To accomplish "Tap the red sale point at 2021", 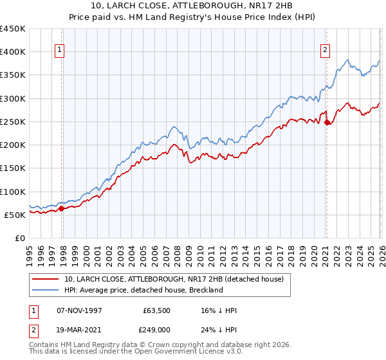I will coord(327,122).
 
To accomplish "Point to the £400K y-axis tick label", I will coord(13,52).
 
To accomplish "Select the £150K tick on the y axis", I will coord(13,168).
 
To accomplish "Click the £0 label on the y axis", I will coord(20,239).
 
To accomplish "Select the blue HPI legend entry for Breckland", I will coord(143,290).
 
